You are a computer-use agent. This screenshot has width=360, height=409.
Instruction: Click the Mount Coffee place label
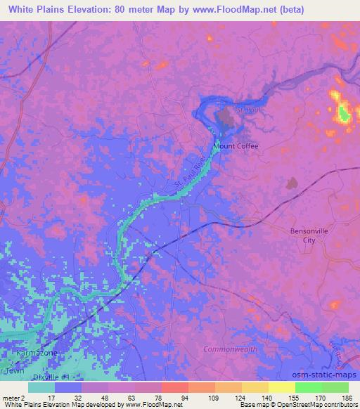[x=236, y=146]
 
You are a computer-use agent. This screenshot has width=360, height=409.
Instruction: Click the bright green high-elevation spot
[x=344, y=113]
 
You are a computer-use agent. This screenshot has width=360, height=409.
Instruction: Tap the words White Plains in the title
[x=41, y=10]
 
